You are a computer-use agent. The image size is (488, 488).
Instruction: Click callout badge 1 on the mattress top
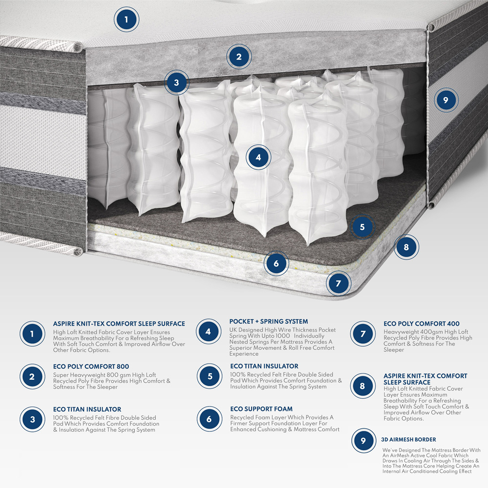click(126, 20)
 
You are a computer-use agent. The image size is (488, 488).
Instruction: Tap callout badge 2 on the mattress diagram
click(239, 57)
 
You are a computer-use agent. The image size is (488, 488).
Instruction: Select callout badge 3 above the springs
click(176, 82)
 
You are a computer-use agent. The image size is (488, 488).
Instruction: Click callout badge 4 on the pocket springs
click(258, 157)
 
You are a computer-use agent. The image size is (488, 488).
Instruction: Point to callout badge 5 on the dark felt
click(362, 227)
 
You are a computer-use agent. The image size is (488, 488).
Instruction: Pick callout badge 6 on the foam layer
click(276, 264)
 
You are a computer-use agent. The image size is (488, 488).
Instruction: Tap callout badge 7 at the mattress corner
click(339, 283)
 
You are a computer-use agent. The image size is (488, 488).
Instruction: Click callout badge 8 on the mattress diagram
click(406, 247)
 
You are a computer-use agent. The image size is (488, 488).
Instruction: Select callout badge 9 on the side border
click(445, 101)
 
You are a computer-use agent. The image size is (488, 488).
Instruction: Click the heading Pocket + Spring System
click(268, 322)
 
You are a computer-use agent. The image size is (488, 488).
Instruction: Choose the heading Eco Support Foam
click(261, 409)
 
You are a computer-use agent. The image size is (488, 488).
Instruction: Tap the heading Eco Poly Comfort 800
click(91, 366)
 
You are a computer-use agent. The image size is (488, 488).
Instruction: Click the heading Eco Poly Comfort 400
click(421, 324)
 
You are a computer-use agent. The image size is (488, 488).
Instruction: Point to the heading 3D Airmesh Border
click(409, 439)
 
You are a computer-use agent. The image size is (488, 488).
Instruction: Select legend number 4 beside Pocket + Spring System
click(208, 332)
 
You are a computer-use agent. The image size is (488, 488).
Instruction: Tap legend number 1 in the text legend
click(32, 334)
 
